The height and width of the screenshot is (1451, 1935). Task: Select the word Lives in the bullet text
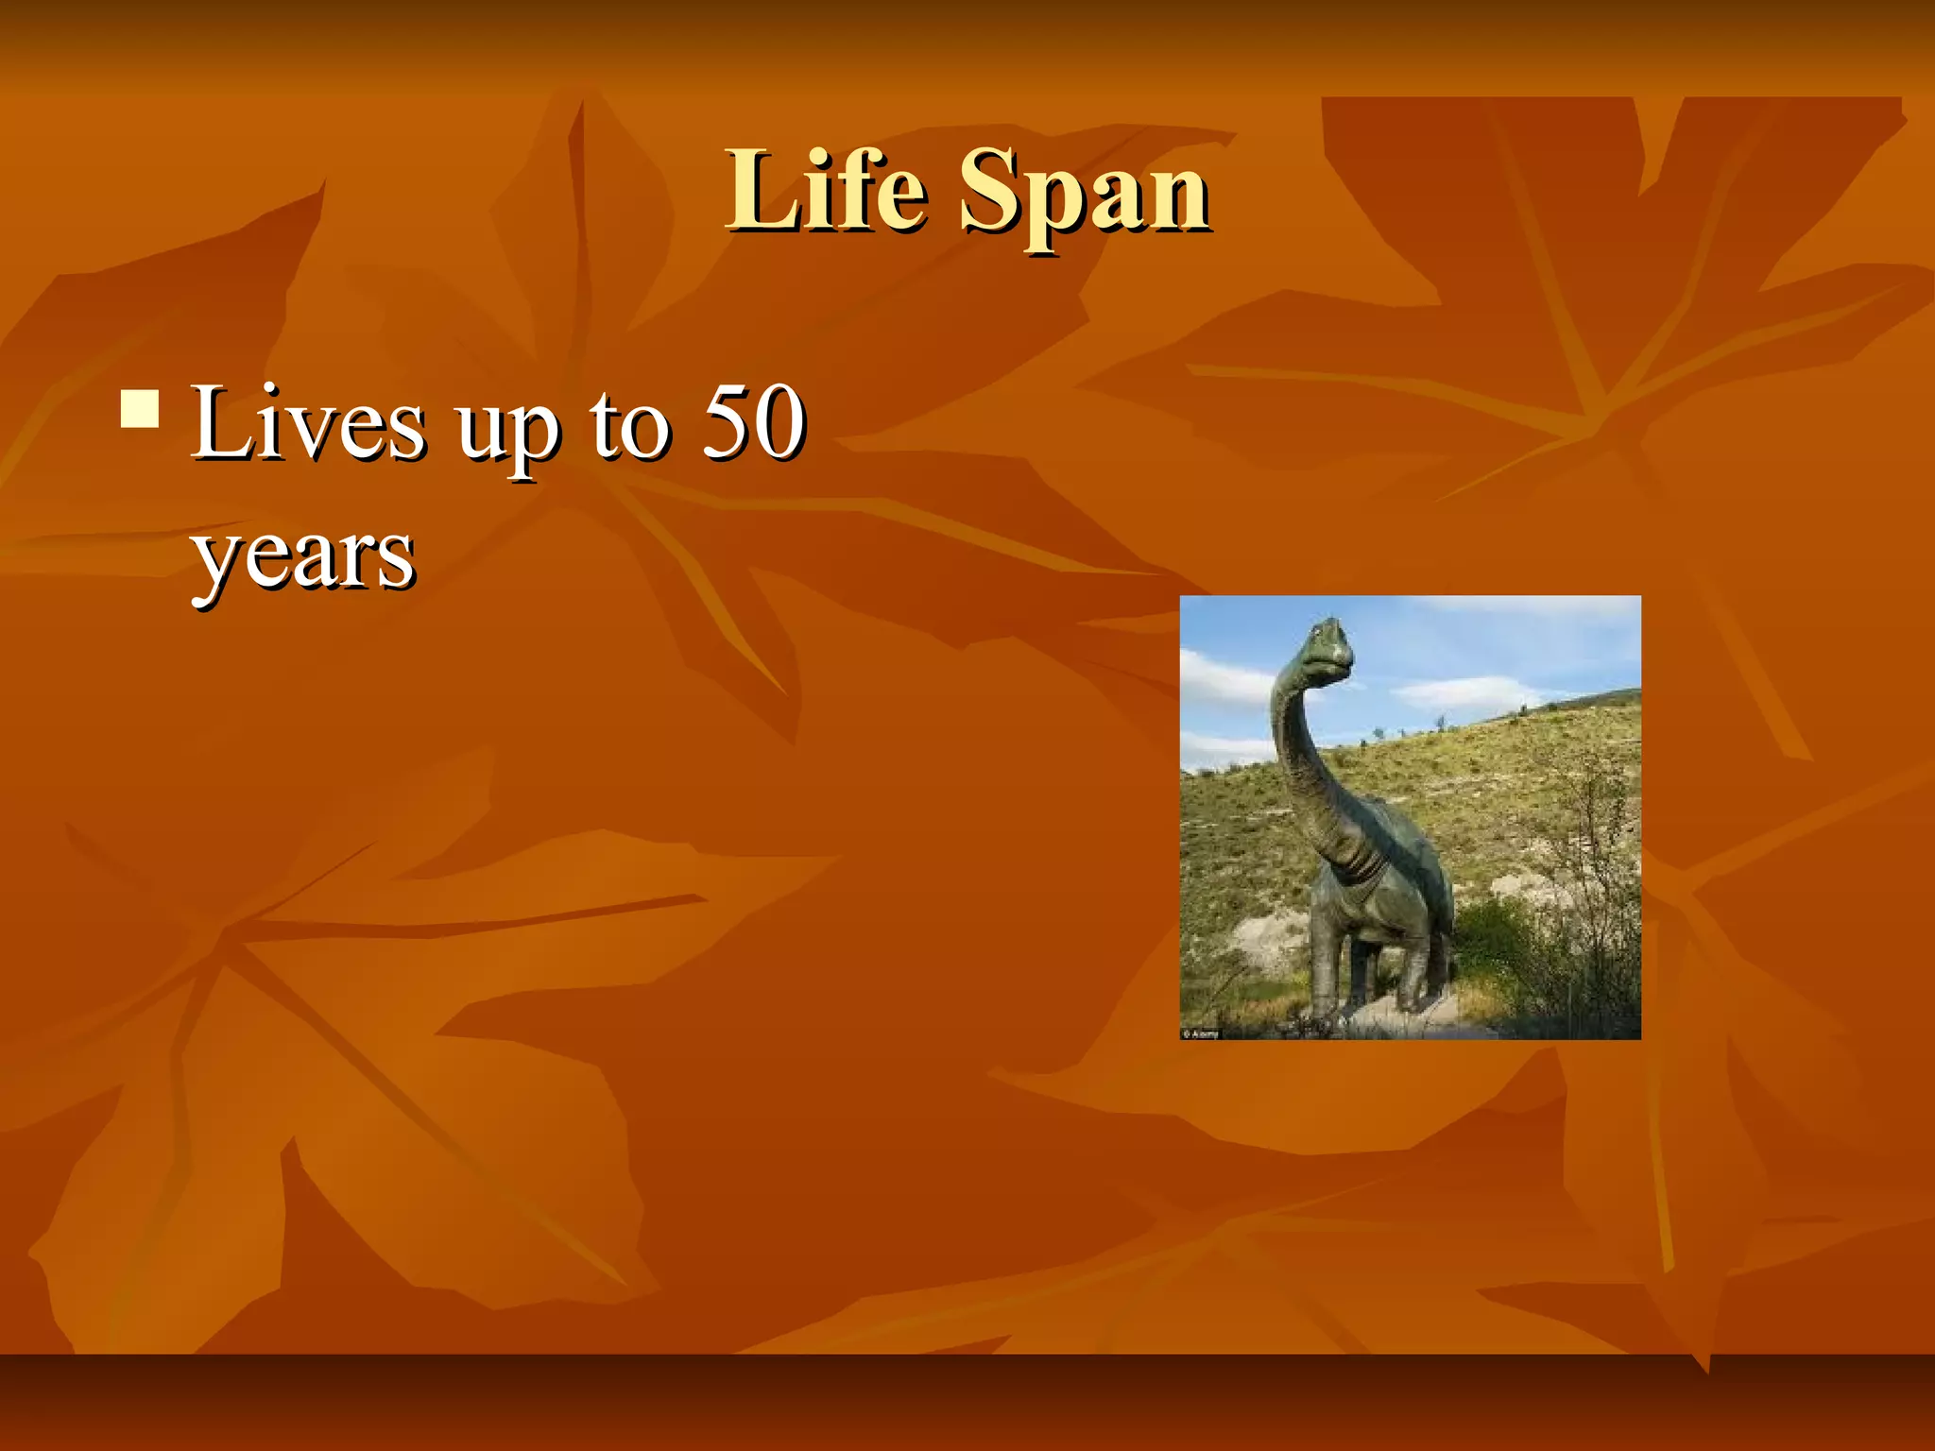pos(308,424)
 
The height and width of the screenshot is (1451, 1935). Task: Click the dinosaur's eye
pos(1316,631)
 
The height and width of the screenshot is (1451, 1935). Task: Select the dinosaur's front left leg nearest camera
pos(1327,954)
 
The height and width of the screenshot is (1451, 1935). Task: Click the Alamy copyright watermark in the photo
pos(1201,1033)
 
